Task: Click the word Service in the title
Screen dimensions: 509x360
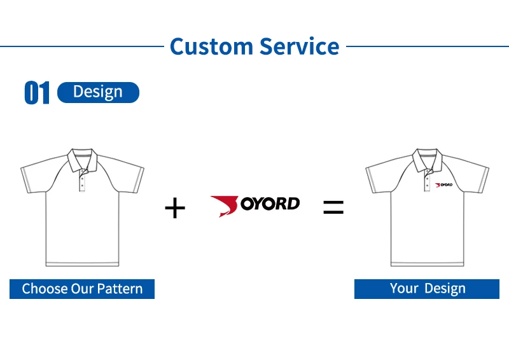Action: coord(298,46)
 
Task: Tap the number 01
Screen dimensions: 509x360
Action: coord(37,93)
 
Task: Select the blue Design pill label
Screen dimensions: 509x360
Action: coord(98,92)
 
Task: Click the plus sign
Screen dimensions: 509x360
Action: coord(174,208)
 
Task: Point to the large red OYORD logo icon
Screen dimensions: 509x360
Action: coord(224,205)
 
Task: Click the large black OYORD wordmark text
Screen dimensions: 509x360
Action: coord(270,204)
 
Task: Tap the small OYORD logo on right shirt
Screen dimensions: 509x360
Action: coord(443,185)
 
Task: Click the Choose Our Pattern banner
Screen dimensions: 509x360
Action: coord(82,289)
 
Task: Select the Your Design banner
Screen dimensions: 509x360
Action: coord(428,289)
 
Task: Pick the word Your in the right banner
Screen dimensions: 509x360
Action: coord(404,289)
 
